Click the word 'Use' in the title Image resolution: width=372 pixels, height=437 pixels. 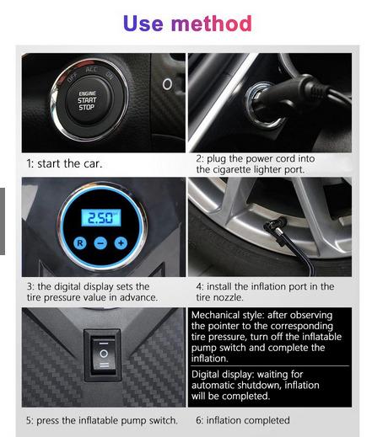coord(143,24)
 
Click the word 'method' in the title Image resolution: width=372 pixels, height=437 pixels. coord(212,24)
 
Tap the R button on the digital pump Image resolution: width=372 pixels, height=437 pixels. coord(80,242)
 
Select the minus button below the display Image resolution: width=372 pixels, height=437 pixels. coord(100,243)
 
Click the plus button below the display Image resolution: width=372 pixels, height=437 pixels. coord(121,243)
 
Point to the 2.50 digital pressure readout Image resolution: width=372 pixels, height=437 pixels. coord(101,217)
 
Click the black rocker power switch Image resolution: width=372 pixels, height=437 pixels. coord(104,355)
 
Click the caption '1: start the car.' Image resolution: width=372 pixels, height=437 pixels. coord(64,163)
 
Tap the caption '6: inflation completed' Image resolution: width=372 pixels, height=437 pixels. coord(243,420)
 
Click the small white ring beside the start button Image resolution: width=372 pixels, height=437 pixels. coord(167,84)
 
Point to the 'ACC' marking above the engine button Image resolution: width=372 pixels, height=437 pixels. coord(92,70)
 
